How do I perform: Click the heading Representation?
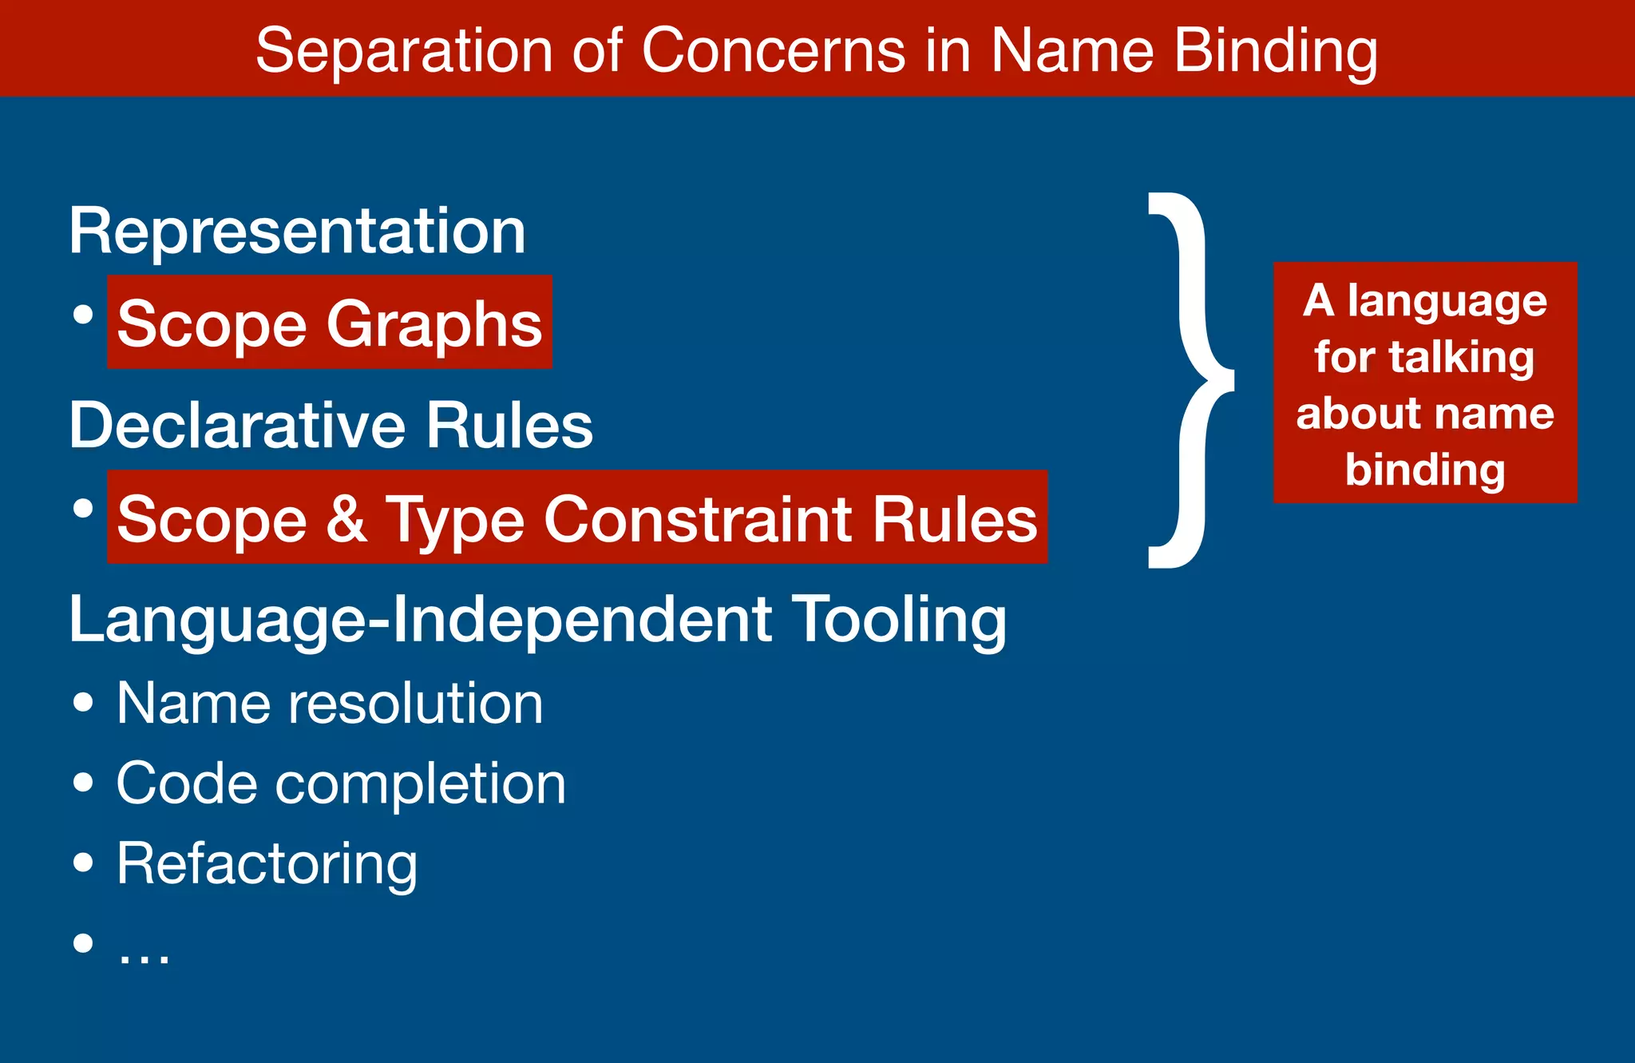(297, 232)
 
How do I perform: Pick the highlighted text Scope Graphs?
(329, 323)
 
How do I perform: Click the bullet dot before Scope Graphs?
(83, 314)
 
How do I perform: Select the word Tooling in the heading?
(901, 620)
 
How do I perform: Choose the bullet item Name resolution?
(329, 704)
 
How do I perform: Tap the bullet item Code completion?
(341, 783)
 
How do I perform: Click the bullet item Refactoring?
(267, 864)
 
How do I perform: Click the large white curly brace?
(1190, 380)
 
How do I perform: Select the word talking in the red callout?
(1461, 357)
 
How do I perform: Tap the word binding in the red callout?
(1425, 470)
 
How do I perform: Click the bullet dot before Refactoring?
(83, 863)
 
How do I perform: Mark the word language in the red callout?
(1447, 301)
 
